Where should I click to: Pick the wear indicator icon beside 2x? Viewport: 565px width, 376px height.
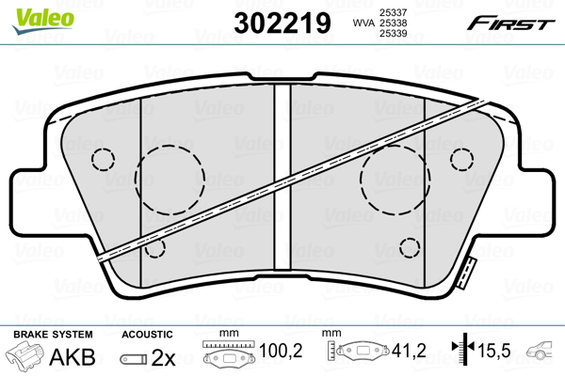[x=135, y=358]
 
